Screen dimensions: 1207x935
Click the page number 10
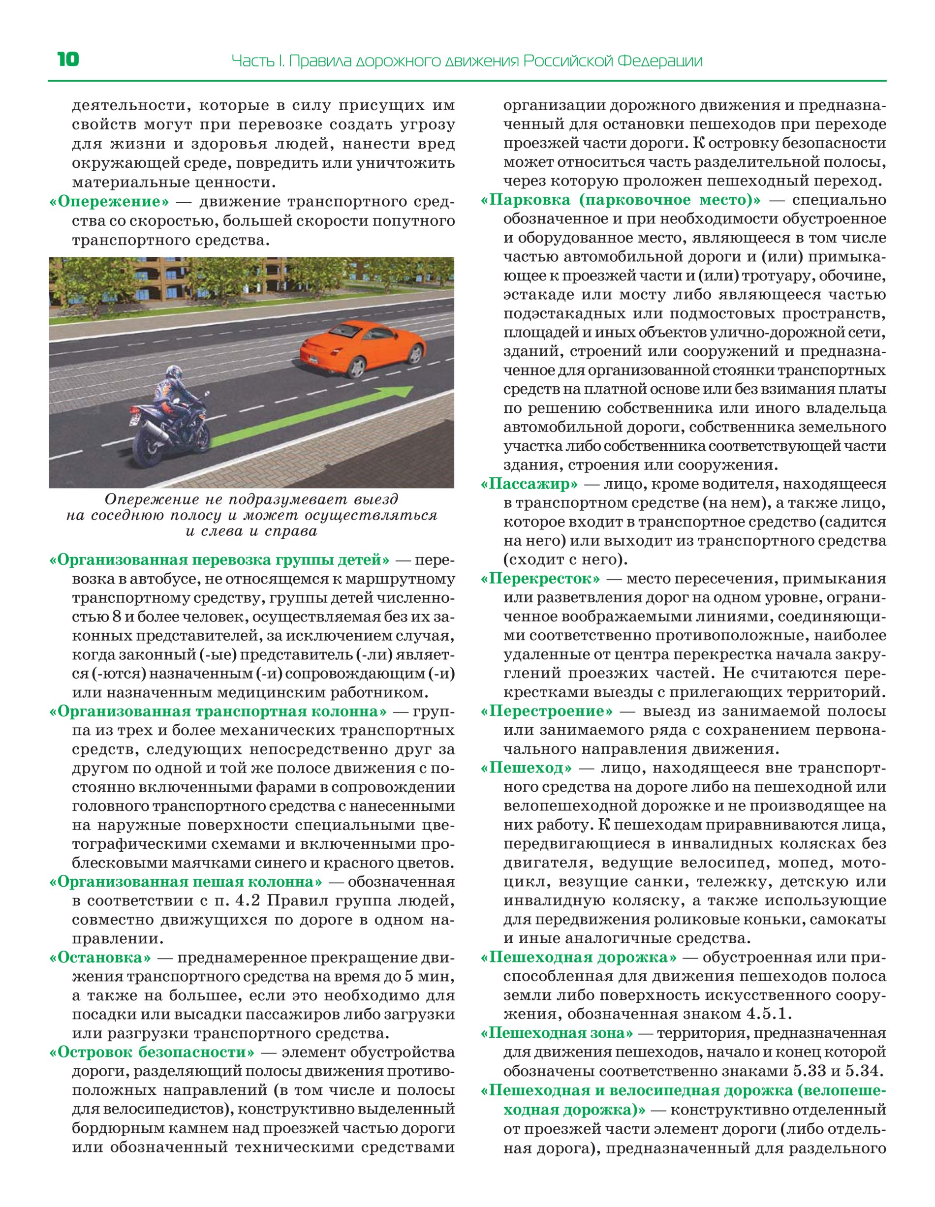click(x=68, y=59)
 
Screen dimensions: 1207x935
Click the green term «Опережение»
click(x=109, y=202)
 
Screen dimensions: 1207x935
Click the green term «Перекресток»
click(x=541, y=579)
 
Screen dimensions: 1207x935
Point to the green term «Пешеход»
click(x=527, y=768)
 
